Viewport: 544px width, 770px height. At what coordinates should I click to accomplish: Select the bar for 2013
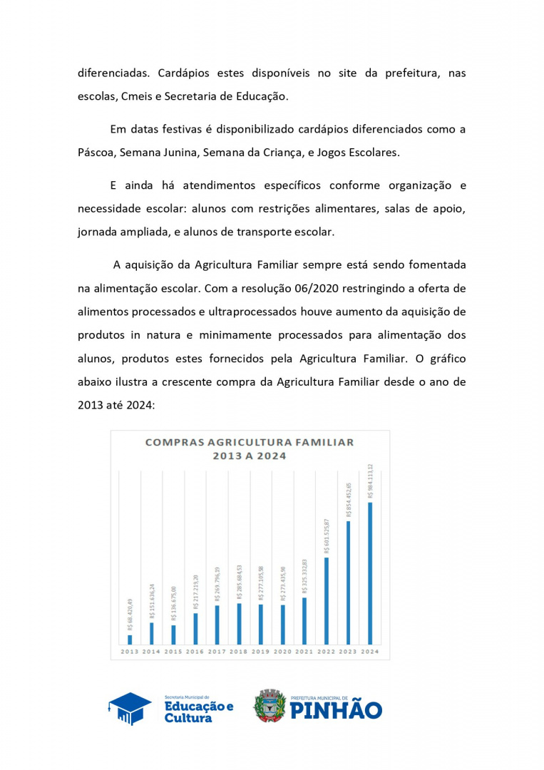tap(130, 639)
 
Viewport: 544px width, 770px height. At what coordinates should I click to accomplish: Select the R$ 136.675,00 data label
tap(173, 605)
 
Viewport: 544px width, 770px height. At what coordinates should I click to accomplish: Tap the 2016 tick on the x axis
tap(195, 652)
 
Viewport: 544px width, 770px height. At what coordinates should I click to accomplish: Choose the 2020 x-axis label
tap(282, 652)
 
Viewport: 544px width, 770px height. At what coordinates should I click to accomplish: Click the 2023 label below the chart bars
tap(348, 652)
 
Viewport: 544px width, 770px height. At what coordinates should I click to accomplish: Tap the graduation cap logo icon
tap(130, 708)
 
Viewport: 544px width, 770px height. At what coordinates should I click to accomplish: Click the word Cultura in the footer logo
tap(188, 718)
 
